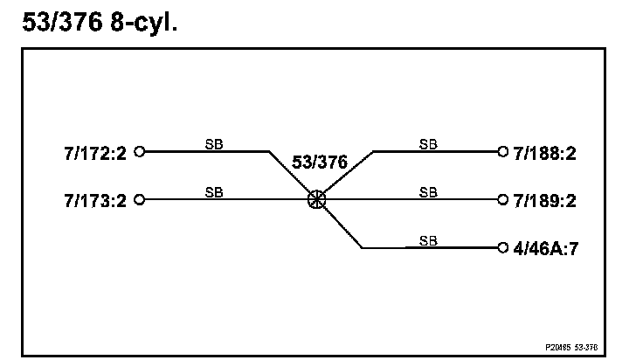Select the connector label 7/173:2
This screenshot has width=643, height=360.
(x=95, y=200)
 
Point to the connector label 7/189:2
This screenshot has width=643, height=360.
(x=545, y=200)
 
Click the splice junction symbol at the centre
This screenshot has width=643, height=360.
(x=316, y=199)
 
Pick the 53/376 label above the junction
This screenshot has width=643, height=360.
(x=319, y=163)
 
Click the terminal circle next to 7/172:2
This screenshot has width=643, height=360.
(x=139, y=151)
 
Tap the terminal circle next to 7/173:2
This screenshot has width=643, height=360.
(x=139, y=199)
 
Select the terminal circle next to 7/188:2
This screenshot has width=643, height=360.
(x=501, y=151)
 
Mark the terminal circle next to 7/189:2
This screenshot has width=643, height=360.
(x=501, y=199)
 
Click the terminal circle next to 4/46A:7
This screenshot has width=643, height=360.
(x=501, y=247)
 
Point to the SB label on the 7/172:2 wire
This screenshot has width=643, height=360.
(x=213, y=143)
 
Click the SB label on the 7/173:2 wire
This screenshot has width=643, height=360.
(x=213, y=191)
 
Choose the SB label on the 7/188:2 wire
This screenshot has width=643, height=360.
(x=428, y=143)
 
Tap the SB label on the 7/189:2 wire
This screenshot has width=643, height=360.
(x=428, y=191)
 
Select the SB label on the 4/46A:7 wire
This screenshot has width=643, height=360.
(x=428, y=239)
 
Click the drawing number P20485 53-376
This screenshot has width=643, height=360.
(x=572, y=346)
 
